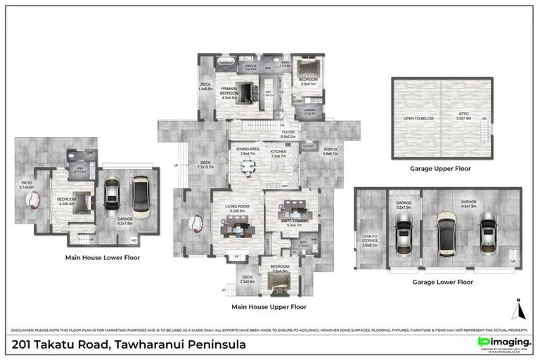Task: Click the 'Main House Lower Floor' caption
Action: (102, 257)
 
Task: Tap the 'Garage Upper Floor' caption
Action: (441, 169)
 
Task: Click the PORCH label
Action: (330, 150)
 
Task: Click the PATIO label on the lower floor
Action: (27, 186)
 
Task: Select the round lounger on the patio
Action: (33, 200)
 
